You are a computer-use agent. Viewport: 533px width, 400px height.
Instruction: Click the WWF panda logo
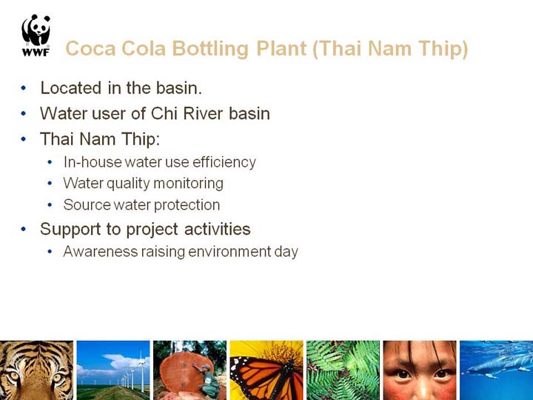pyautogui.click(x=36, y=35)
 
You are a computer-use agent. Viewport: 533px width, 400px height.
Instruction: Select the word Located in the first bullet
pyautogui.click(x=71, y=87)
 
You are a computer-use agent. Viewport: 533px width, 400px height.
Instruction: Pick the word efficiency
pyautogui.click(x=224, y=162)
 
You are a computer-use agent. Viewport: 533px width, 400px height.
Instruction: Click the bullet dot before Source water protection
pyautogui.click(x=50, y=205)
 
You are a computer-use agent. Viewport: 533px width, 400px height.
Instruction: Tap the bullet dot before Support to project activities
pyautogui.click(x=23, y=229)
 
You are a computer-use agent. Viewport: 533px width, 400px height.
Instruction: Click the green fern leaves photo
pyautogui.click(x=343, y=370)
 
